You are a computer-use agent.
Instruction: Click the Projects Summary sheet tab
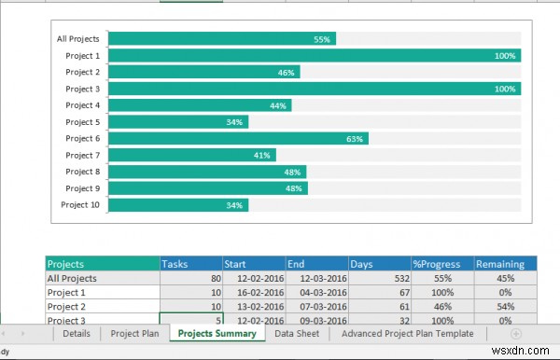coord(217,333)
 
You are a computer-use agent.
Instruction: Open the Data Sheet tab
coord(297,333)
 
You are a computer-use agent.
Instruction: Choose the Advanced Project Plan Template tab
coord(407,333)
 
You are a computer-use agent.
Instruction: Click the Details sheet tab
coord(76,333)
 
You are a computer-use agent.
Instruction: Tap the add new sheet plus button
coord(515,333)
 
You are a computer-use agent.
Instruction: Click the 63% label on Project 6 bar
coord(355,139)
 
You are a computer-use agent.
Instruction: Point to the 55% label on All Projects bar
coord(322,39)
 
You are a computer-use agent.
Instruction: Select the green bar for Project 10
coord(178,205)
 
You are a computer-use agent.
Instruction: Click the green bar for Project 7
coord(187,156)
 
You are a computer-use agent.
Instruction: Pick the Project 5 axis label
coord(82,122)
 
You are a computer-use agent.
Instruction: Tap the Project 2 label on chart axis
coord(82,72)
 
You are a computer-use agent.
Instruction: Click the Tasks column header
coord(190,264)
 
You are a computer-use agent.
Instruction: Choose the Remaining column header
coord(505,264)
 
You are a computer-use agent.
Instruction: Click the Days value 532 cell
coord(378,278)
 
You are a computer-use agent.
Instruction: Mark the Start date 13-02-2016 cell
coord(254,306)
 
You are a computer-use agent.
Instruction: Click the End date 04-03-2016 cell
coord(316,292)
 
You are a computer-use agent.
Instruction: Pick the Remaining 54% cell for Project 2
coord(505,306)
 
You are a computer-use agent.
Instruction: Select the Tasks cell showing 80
coord(190,278)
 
